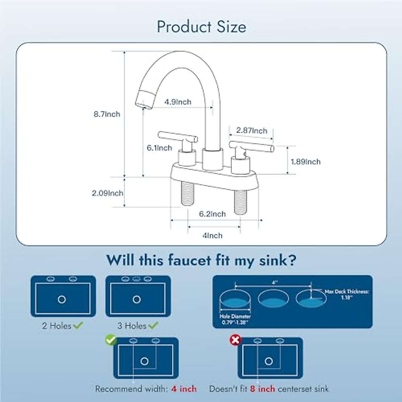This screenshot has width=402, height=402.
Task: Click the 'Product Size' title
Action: coord(201,27)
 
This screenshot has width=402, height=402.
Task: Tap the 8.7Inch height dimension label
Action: coord(107,114)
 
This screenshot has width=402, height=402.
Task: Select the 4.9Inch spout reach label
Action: coord(178,102)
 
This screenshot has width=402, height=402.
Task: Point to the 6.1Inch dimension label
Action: coord(159,148)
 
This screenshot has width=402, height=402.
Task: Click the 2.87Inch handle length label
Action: coord(252,130)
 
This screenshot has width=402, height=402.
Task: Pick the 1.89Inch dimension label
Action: coord(306,161)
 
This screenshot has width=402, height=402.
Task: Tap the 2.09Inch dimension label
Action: coord(108,193)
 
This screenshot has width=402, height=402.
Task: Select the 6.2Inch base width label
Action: coord(212,214)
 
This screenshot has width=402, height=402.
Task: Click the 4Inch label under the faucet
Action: coord(212,236)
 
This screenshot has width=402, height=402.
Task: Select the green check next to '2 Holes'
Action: coord(78,325)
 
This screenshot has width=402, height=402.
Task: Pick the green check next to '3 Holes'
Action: coord(153,325)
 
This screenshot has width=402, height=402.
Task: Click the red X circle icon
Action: coord(235,340)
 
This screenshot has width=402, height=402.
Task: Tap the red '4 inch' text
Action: coord(184,389)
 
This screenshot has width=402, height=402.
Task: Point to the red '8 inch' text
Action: coord(262,389)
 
